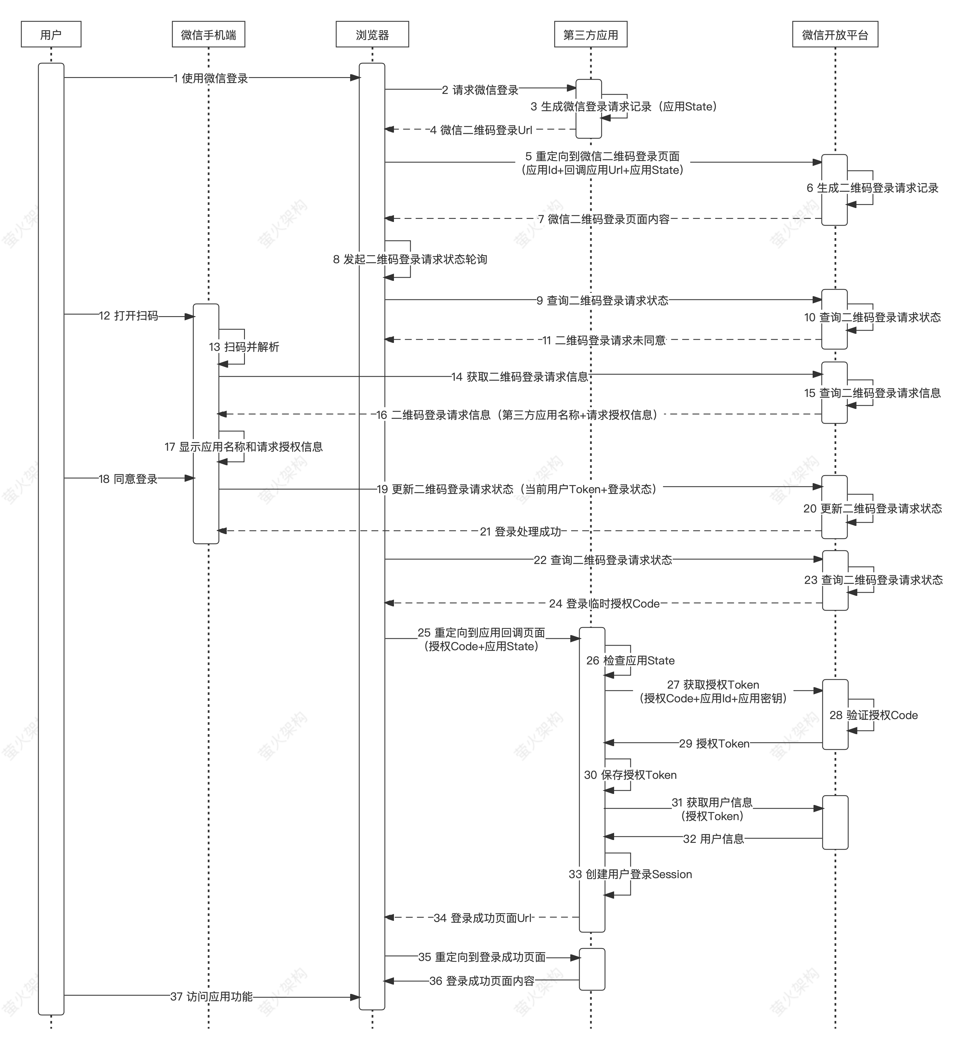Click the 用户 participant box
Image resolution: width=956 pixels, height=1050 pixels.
click(x=51, y=34)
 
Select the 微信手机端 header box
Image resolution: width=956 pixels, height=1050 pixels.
click(x=208, y=34)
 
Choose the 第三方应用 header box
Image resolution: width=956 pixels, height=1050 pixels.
click(x=590, y=34)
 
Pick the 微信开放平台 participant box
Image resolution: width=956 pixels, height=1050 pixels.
click(x=835, y=34)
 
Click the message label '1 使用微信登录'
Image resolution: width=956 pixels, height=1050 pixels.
click(x=211, y=78)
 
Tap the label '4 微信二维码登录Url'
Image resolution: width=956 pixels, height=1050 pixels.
click(x=481, y=130)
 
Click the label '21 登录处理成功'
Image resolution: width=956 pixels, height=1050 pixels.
click(x=520, y=531)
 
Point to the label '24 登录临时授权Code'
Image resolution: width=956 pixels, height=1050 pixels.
click(x=604, y=603)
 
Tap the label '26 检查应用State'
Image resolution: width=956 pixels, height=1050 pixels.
click(x=630, y=660)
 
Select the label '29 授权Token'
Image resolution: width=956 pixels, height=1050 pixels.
click(x=714, y=743)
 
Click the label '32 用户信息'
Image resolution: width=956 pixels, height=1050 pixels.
click(x=713, y=839)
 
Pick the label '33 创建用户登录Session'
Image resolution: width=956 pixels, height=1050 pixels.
click(x=630, y=874)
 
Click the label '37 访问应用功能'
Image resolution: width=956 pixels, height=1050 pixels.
click(x=211, y=996)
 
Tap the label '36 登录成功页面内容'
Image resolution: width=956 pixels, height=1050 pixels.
click(x=482, y=981)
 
